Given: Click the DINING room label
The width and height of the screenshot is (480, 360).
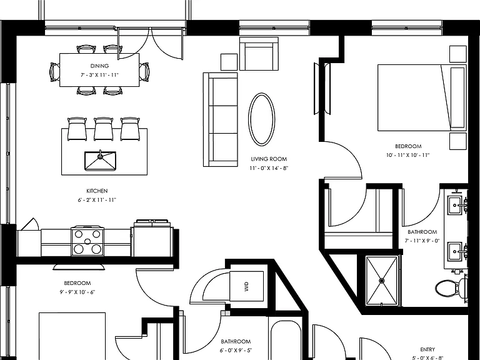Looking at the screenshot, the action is pyautogui.click(x=99, y=66).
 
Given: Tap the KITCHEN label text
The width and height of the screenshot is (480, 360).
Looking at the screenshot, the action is pyautogui.click(x=97, y=191).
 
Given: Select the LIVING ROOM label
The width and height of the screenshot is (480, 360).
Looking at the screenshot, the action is pyautogui.click(x=269, y=159).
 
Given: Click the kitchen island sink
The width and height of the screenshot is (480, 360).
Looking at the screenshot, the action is pyautogui.click(x=100, y=161).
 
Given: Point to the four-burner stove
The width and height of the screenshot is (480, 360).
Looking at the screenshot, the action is pyautogui.click(x=87, y=241).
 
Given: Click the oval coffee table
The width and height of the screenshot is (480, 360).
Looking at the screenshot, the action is pyautogui.click(x=262, y=119).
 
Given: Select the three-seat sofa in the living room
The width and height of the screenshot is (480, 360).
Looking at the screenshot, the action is pyautogui.click(x=221, y=120).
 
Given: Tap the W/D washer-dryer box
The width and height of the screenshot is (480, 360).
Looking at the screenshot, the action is pyautogui.click(x=246, y=286).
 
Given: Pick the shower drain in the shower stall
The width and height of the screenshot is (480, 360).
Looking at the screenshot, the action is pyautogui.click(x=382, y=281).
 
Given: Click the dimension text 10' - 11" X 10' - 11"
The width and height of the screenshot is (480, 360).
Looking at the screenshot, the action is pyautogui.click(x=407, y=155).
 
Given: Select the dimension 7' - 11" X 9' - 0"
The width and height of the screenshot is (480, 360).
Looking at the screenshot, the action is pyautogui.click(x=422, y=241).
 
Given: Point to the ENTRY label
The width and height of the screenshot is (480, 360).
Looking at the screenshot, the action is pyautogui.click(x=427, y=349).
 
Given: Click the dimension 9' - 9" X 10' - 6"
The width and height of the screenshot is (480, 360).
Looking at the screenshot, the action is pyautogui.click(x=77, y=292).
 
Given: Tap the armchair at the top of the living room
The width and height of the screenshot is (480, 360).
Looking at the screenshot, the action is pyautogui.click(x=259, y=54).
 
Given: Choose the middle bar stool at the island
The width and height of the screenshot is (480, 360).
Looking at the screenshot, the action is pyautogui.click(x=104, y=129).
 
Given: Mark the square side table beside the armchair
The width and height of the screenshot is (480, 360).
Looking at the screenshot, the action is pyautogui.click(x=229, y=62).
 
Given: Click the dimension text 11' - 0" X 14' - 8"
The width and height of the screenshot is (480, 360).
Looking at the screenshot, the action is pyautogui.click(x=269, y=168).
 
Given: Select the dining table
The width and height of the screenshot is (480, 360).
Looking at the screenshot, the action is pyautogui.click(x=99, y=70).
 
